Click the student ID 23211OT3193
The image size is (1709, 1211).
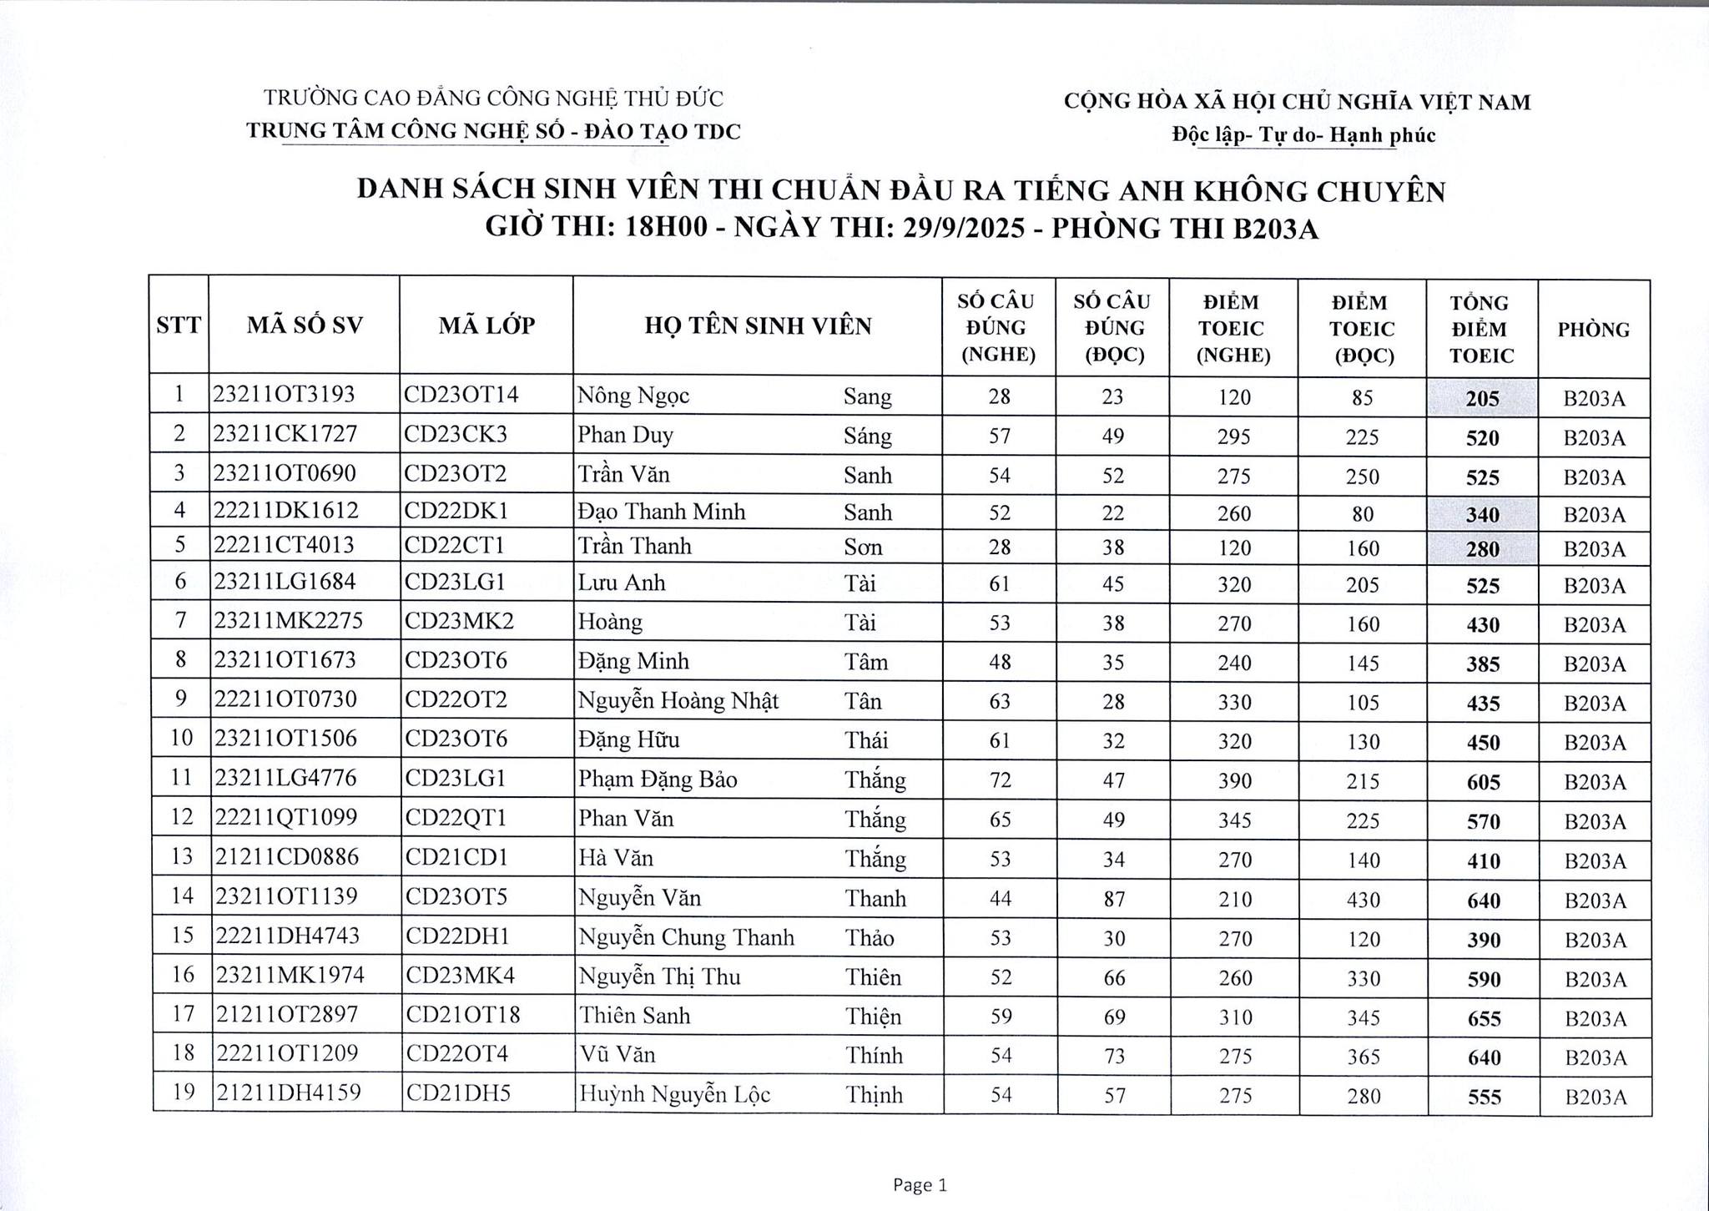pos(284,395)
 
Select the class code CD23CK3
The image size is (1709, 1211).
pos(456,435)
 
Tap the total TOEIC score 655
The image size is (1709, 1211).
pos(1484,1019)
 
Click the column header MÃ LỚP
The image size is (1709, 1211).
pos(486,326)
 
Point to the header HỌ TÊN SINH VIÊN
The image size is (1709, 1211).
pos(758,326)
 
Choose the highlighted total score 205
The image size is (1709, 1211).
pos(1482,399)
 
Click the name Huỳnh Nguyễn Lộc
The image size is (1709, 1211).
pos(674,1094)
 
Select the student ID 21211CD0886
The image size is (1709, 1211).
pos(287,857)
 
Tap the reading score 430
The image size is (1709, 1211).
pos(1363,900)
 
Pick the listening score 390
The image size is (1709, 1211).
pos(1234,781)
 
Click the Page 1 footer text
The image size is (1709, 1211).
pos(920,1185)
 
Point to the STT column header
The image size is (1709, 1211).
pos(179,326)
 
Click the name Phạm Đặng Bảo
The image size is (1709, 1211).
pos(658,780)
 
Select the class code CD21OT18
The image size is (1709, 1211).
pos(462,1015)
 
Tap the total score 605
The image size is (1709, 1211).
pos(1484,782)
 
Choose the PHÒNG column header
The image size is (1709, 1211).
pos(1593,330)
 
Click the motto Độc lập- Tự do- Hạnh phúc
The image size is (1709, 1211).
pos(1303,135)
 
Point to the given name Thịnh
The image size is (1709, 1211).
pos(874,1095)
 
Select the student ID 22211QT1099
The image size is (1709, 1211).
pos(287,818)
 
